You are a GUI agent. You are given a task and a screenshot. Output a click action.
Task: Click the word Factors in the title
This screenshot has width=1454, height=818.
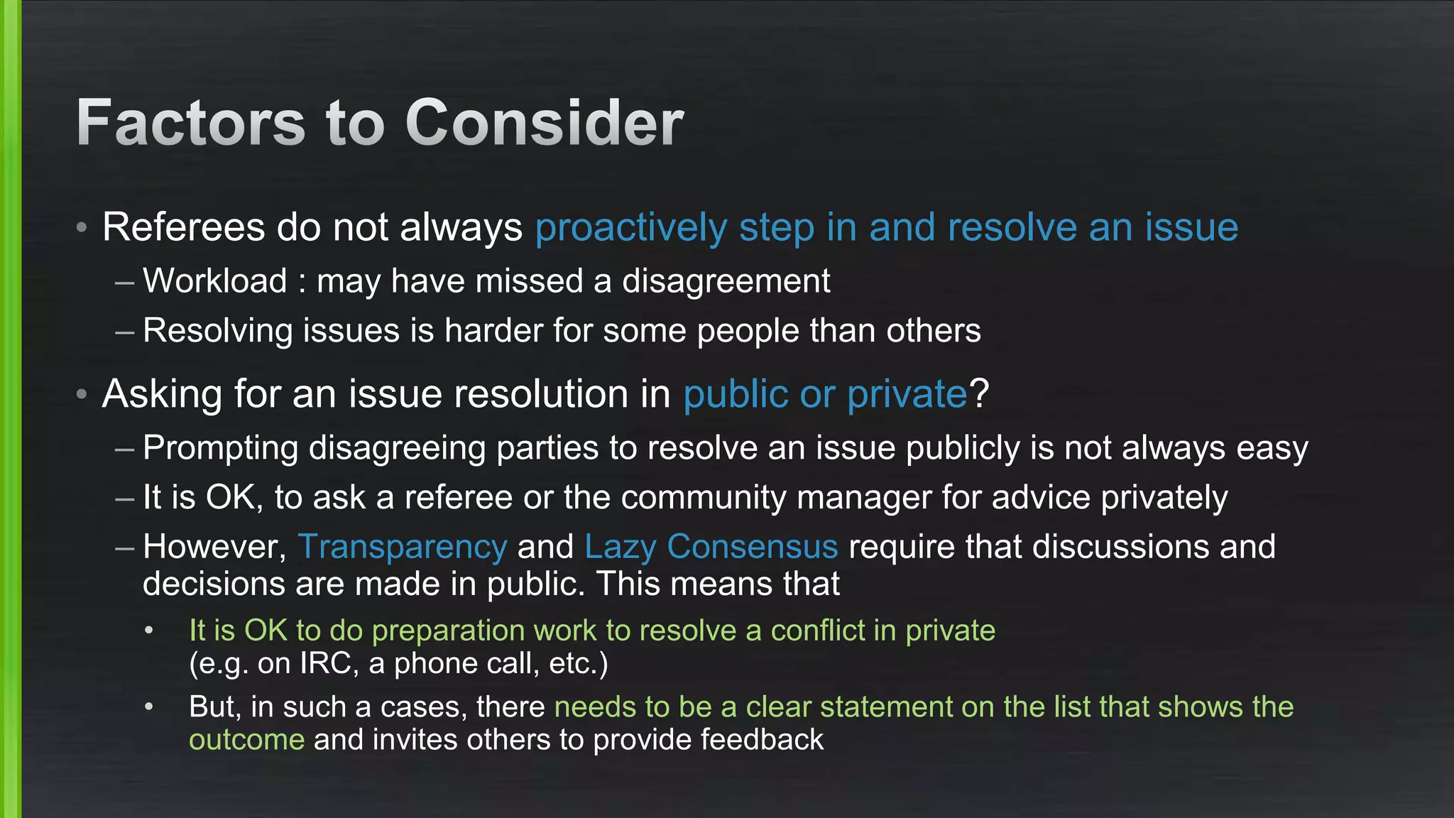(x=191, y=123)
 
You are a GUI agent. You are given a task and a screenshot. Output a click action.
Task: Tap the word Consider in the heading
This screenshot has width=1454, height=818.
(x=544, y=123)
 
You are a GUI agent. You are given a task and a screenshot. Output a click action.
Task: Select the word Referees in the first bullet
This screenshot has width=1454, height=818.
(x=184, y=228)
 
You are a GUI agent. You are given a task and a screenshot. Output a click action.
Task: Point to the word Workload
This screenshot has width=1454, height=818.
(x=215, y=281)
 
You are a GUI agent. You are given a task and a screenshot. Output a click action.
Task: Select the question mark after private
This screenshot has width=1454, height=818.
(x=979, y=393)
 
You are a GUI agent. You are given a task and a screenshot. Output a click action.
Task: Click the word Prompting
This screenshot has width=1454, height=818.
(x=220, y=449)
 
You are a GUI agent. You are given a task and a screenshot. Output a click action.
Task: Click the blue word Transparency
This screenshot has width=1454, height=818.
(x=403, y=547)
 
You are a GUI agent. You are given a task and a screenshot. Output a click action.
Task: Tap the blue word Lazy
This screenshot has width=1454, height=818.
(x=620, y=547)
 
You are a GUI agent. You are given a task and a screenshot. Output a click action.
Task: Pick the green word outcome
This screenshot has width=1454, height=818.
(x=246, y=740)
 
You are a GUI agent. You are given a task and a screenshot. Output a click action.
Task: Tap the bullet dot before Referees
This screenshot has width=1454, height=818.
(x=82, y=228)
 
